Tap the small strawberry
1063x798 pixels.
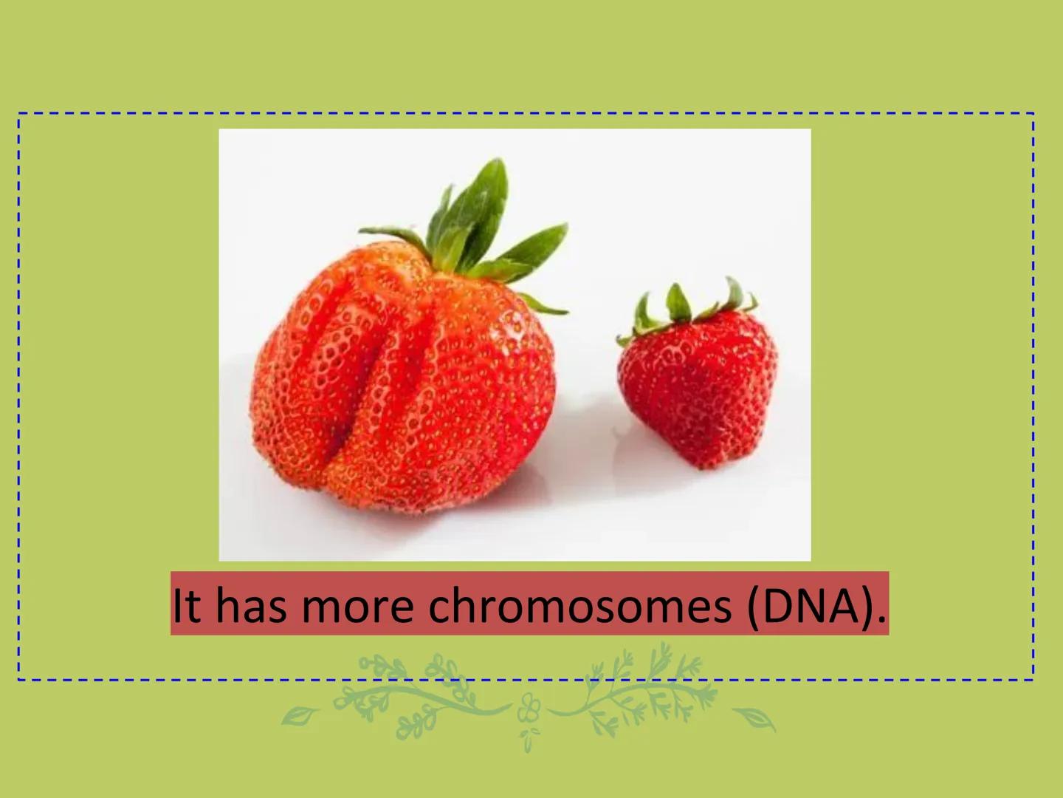[x=698, y=384]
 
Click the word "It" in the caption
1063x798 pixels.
[x=185, y=605]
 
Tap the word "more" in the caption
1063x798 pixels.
[x=357, y=605]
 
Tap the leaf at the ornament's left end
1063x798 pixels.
[x=300, y=715]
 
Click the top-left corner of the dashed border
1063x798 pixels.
[x=19, y=115]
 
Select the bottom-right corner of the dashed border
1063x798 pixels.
[x=1033, y=678]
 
